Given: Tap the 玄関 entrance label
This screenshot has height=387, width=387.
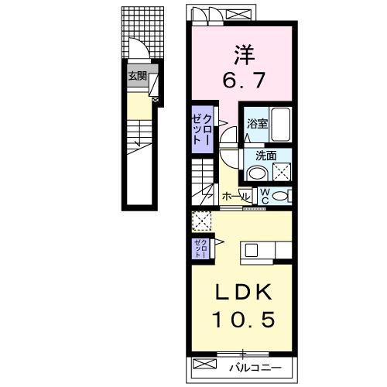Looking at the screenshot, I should click(x=137, y=76).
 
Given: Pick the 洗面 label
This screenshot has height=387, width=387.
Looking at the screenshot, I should click(x=266, y=155).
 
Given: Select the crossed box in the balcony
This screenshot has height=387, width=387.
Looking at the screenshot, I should click(x=204, y=365).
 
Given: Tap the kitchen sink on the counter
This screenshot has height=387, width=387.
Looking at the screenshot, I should click(x=251, y=249).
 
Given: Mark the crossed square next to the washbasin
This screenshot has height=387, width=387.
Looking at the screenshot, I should click(x=282, y=172).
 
